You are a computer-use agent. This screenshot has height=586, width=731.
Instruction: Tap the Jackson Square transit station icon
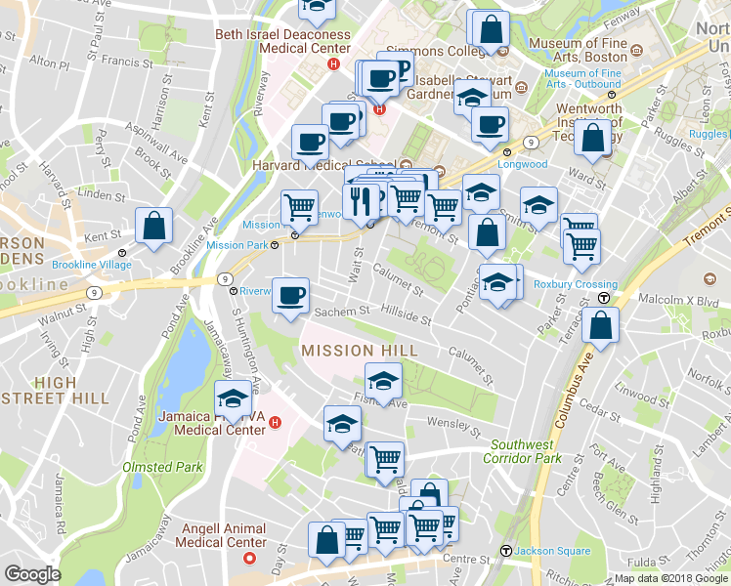(505, 551)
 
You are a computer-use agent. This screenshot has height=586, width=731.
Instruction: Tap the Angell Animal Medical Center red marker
(249, 559)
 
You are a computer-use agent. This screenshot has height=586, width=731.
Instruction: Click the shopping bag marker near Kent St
(154, 226)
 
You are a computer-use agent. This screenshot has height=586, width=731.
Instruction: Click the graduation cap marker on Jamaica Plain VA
(233, 400)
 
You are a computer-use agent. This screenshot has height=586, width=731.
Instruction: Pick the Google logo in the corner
(32, 574)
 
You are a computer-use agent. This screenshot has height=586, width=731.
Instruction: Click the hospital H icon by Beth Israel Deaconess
(333, 63)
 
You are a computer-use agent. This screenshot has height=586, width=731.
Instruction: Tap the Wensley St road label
(456, 427)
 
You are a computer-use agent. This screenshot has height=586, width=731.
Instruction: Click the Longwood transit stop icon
(506, 152)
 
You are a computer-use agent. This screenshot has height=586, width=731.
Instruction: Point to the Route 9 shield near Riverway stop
(225, 277)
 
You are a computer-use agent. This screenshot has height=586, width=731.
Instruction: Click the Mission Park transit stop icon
(275, 245)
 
